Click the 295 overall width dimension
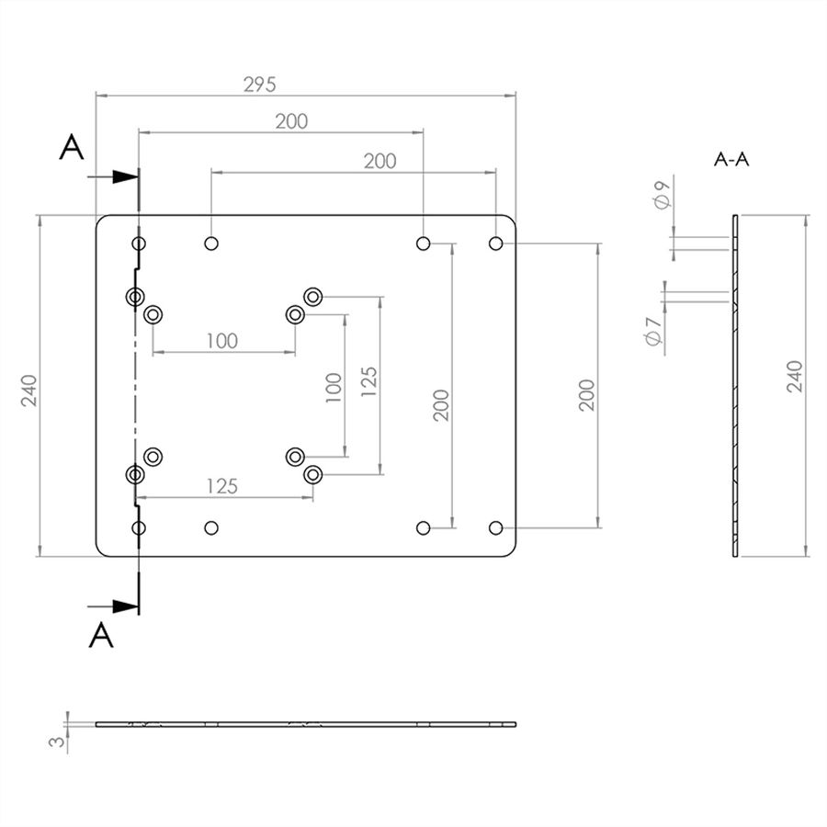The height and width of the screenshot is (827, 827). pyautogui.click(x=259, y=85)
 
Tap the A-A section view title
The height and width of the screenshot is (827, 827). pyautogui.click(x=731, y=159)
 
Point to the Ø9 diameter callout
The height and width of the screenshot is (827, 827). pyautogui.click(x=662, y=194)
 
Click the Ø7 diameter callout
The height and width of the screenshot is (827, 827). pyautogui.click(x=652, y=332)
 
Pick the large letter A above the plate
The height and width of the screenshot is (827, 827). pyautogui.click(x=71, y=147)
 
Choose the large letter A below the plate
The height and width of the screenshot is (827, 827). pyautogui.click(x=101, y=635)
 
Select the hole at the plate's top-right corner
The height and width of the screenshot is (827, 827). pyautogui.click(x=496, y=244)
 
